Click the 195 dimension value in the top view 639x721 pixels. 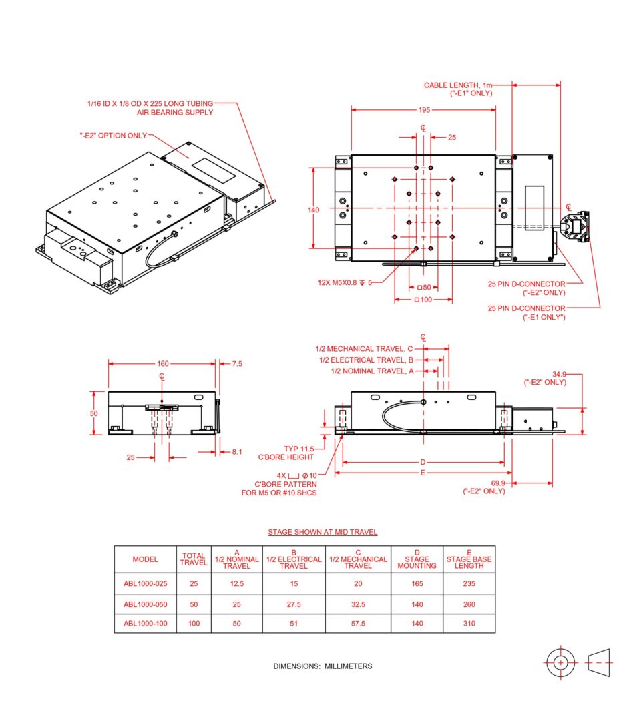[424, 110]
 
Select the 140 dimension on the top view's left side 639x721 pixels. [313, 210]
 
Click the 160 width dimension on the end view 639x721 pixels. [163, 363]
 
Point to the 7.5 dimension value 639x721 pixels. [237, 363]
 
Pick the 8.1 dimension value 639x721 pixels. [237, 451]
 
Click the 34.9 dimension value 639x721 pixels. [559, 374]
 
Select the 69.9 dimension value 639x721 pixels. [498, 483]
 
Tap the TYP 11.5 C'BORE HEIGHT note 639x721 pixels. [286, 453]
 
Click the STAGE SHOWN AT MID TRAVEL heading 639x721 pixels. [323, 532]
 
